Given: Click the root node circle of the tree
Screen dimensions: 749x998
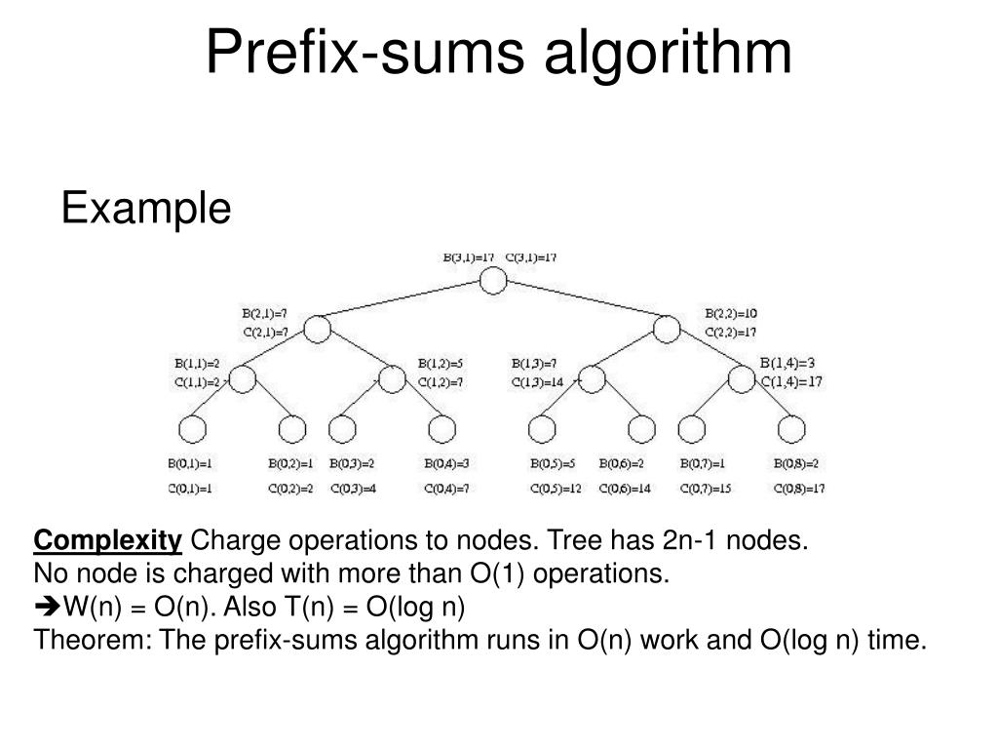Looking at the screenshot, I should pos(493,282).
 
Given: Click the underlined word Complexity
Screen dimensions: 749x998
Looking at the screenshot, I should pos(108,540).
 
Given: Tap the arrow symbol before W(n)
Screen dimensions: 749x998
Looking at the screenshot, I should pos(48,608).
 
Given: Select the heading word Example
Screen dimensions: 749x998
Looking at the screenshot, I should pos(146,208).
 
